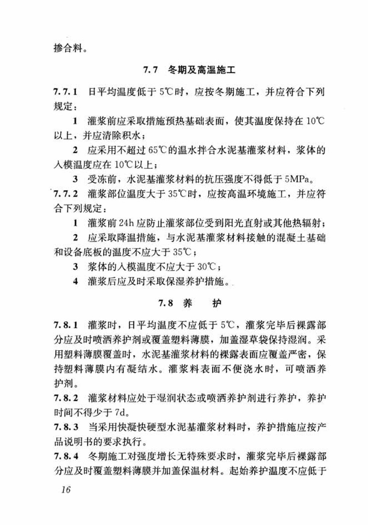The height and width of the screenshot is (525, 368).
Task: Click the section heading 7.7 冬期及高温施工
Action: (x=190, y=71)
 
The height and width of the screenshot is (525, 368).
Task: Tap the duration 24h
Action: (x=128, y=224)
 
